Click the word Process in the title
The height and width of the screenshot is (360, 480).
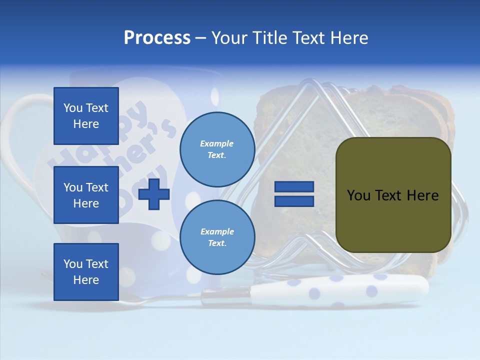(x=157, y=38)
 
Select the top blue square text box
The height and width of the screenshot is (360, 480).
(x=86, y=116)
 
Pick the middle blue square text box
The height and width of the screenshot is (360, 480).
(x=86, y=195)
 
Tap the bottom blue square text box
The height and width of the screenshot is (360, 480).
(x=86, y=272)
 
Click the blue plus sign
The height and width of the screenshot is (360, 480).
(x=154, y=193)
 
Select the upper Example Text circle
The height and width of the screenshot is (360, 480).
(x=217, y=149)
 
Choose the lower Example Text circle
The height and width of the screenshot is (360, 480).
(x=217, y=237)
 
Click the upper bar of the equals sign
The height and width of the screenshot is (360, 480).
(x=294, y=187)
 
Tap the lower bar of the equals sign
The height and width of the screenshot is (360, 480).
(x=294, y=201)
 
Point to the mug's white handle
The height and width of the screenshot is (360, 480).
(x=20, y=130)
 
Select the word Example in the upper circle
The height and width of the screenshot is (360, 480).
(x=216, y=144)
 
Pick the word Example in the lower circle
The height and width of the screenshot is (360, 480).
(x=216, y=232)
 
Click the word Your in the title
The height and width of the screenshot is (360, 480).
(x=228, y=38)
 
